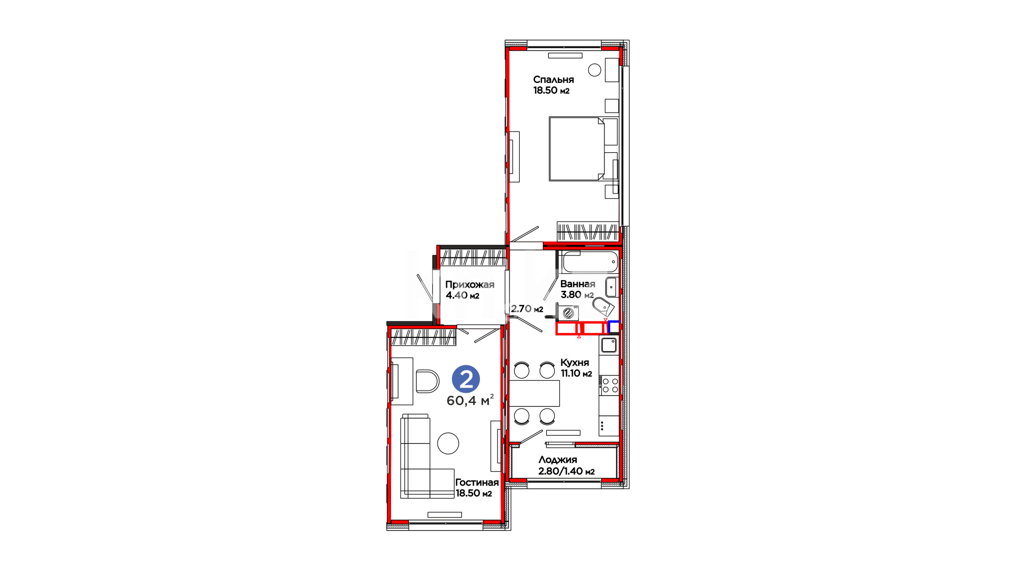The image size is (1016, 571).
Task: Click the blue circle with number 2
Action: [466, 379]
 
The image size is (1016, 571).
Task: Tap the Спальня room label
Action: [553, 80]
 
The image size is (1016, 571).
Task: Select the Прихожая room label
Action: [469, 285]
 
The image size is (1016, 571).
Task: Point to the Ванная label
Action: [577, 284]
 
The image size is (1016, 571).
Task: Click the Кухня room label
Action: [575, 363]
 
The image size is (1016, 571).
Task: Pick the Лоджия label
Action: [557, 460]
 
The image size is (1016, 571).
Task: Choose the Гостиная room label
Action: [477, 483]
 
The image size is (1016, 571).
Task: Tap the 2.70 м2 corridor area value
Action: [527, 309]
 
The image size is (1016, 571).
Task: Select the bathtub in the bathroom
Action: [590, 262]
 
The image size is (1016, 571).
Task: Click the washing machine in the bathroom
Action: [568, 312]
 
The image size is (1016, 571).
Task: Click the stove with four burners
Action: [609, 385]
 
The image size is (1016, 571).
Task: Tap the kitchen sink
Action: [609, 345]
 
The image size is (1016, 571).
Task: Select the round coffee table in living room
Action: [448, 443]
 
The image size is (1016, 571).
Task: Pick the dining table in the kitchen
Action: [534, 393]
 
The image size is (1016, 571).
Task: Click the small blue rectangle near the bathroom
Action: [614, 327]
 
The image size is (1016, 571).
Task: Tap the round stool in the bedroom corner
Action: [595, 70]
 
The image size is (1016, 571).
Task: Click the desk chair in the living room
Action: [427, 381]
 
